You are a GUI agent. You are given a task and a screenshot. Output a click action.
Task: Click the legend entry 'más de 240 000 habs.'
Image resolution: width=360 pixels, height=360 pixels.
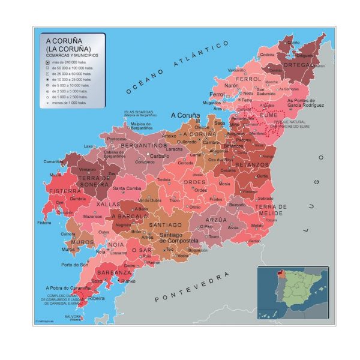67,62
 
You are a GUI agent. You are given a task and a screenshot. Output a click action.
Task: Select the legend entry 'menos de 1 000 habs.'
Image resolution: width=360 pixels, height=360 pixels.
67,103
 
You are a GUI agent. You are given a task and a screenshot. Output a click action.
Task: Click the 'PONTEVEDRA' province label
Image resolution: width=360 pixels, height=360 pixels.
191,287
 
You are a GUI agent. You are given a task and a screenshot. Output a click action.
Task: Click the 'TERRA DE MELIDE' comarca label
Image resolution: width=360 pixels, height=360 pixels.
271,210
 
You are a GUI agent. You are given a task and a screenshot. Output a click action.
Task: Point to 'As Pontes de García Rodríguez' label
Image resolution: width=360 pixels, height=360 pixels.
306,103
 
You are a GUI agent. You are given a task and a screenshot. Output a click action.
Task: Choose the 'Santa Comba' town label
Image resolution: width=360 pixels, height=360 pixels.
127,189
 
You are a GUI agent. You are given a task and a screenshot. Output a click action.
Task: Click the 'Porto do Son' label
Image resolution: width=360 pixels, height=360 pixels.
75,265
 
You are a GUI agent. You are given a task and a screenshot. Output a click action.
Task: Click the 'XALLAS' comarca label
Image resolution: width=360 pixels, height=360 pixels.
108,204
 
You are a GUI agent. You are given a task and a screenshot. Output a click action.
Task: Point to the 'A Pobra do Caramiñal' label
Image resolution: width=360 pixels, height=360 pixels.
72,288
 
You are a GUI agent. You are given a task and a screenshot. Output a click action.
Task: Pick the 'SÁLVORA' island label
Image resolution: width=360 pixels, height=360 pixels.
73,317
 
